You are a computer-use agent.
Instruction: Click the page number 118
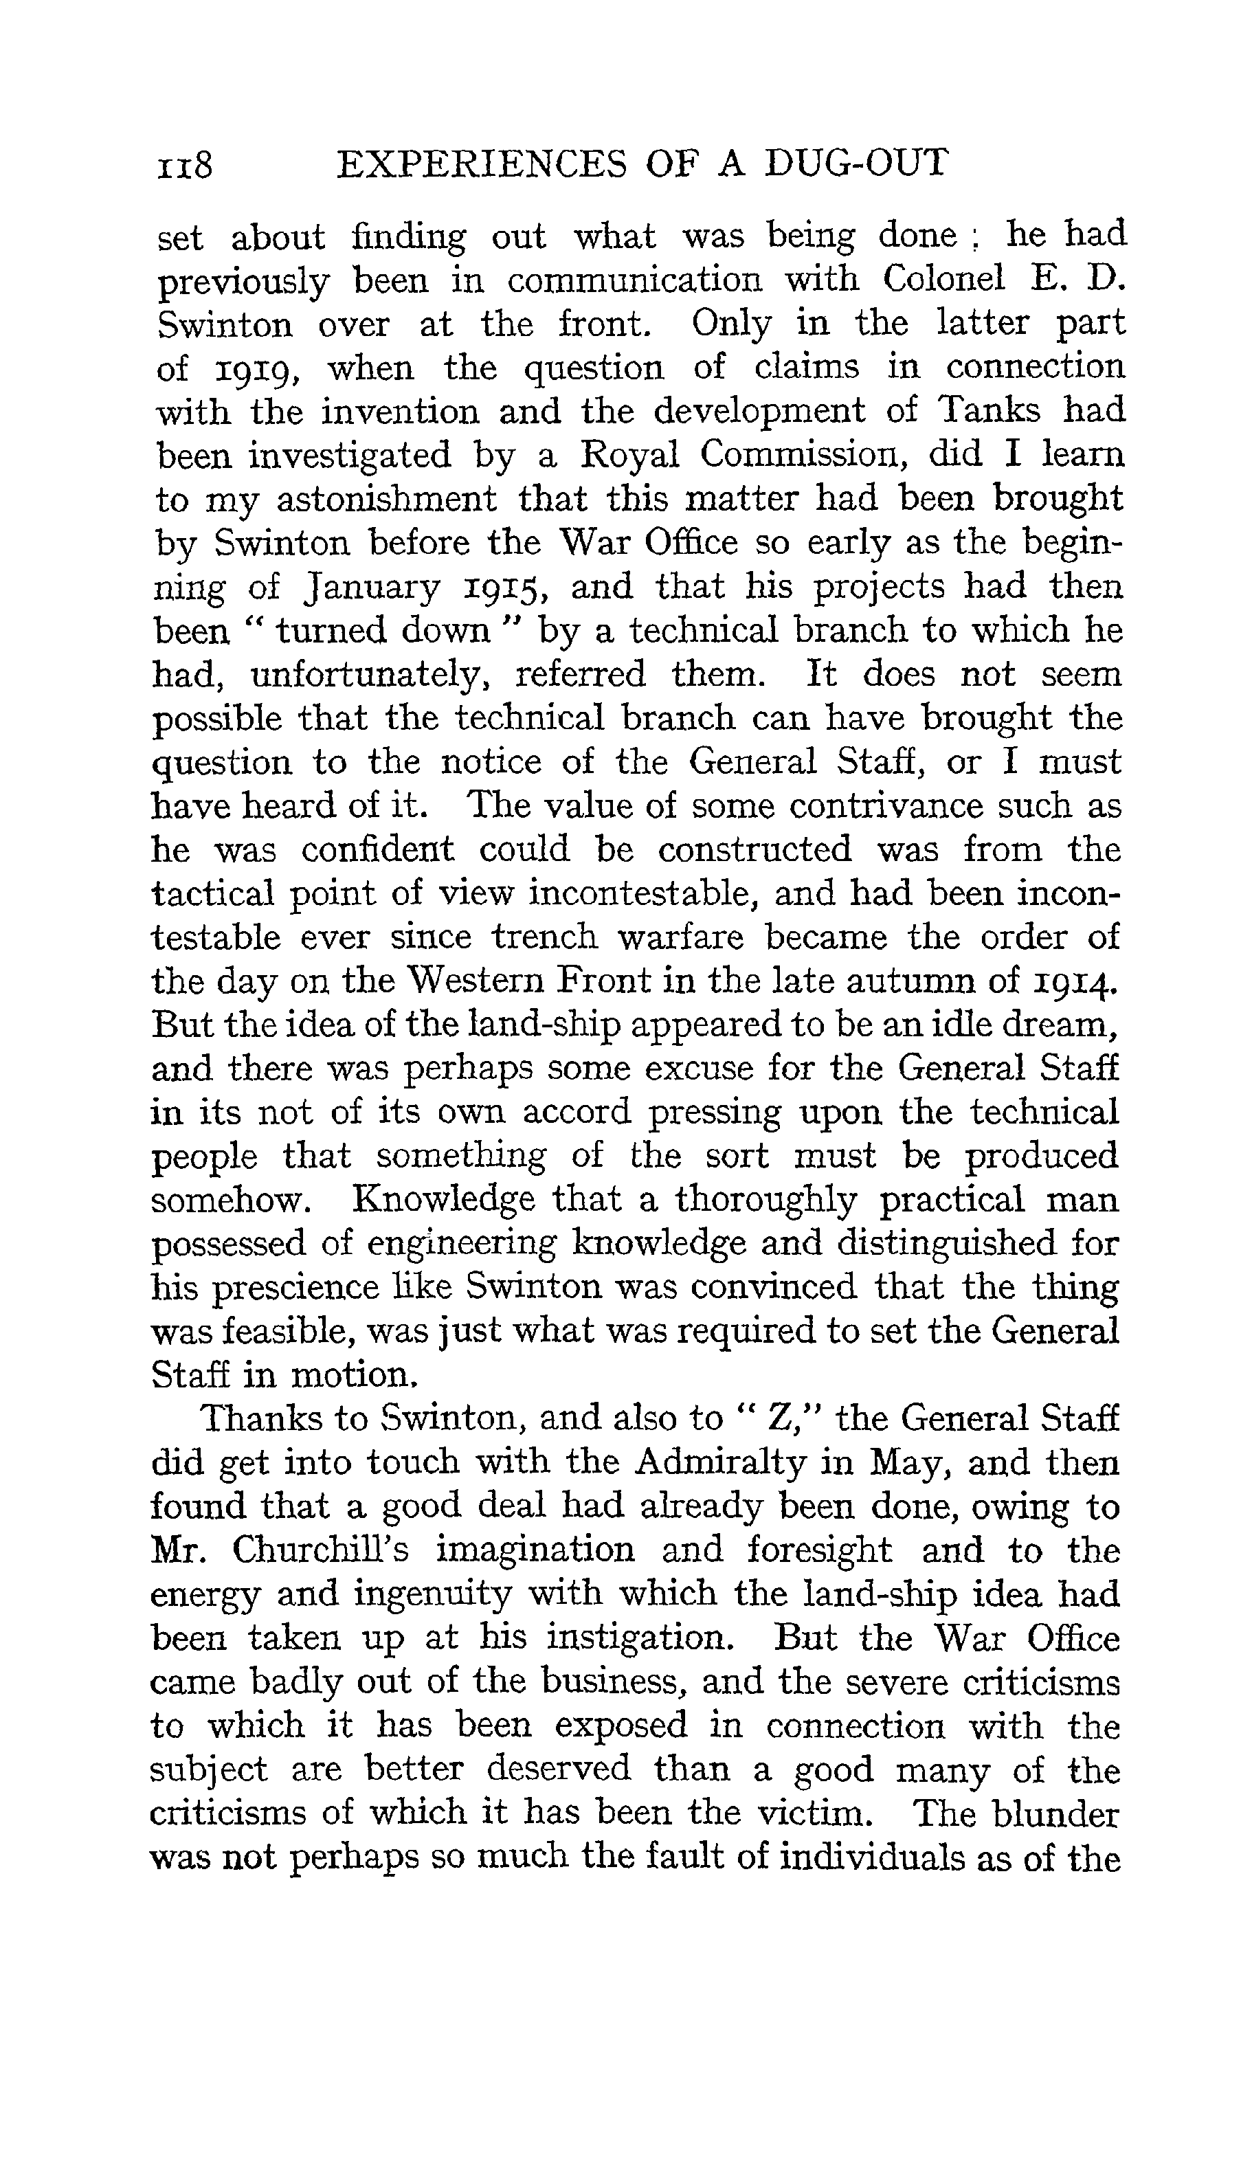184,164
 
